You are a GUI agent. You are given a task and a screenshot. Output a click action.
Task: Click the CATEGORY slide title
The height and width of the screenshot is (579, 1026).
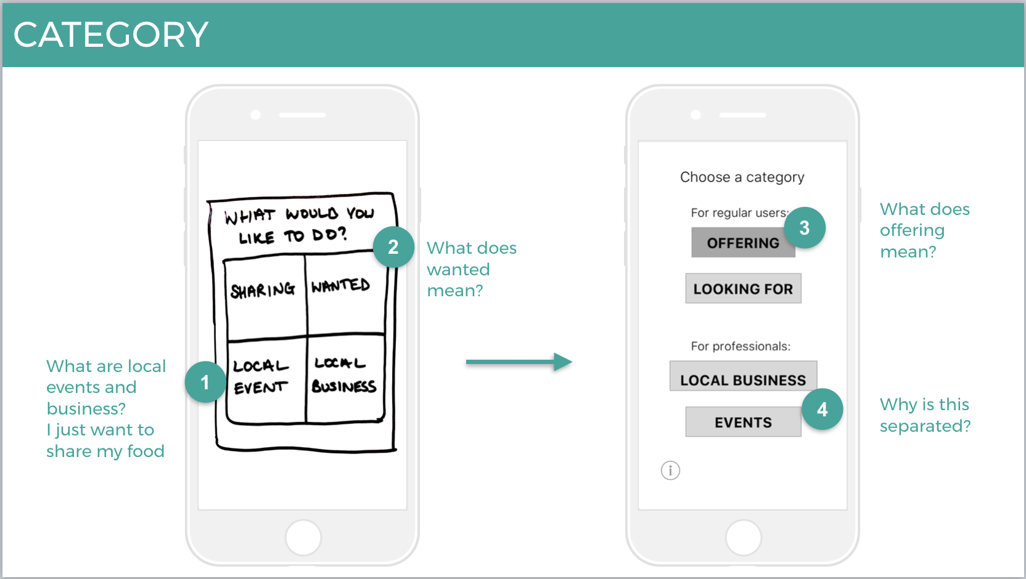coord(111,34)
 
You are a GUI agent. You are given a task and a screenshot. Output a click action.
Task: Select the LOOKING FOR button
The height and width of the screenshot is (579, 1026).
coord(743,289)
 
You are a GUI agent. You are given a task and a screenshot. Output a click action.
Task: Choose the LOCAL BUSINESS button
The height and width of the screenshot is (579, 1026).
coord(743,376)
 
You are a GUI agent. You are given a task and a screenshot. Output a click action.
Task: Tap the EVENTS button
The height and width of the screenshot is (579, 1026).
coord(742,423)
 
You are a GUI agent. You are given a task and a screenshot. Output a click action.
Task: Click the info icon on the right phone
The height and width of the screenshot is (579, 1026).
coord(670,471)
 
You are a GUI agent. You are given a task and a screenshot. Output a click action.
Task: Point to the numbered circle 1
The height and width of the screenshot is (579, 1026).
coord(205,383)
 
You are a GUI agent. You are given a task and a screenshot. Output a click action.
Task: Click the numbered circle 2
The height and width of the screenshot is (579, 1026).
coord(393,247)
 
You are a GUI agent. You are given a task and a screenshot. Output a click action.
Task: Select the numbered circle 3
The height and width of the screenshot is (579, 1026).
coord(805,228)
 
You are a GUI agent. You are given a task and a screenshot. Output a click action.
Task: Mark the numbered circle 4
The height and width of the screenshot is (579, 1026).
coord(823,410)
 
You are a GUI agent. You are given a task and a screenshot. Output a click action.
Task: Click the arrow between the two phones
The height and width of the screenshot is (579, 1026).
coord(519,362)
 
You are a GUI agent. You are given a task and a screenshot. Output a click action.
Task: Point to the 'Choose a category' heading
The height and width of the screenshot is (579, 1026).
coord(742,177)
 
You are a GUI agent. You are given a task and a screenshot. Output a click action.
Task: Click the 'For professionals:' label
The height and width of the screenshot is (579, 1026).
coord(741,346)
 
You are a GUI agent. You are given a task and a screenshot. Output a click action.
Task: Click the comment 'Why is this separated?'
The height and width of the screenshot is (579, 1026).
coord(925,415)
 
